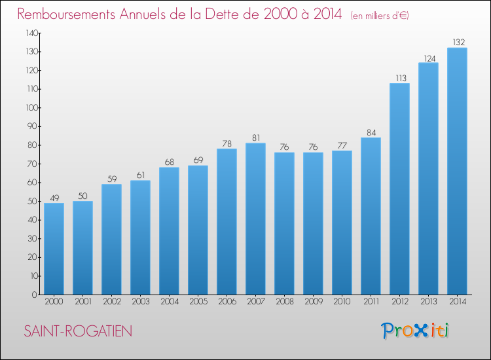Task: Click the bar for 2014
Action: (x=457, y=171)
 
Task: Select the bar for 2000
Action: (x=54, y=249)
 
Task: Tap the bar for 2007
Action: (x=255, y=219)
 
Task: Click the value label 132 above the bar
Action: (x=457, y=43)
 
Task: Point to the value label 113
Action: (x=399, y=79)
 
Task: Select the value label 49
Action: (x=54, y=198)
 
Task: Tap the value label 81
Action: (x=255, y=138)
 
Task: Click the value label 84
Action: (x=371, y=133)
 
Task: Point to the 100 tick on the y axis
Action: (x=31, y=107)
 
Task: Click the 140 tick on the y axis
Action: (x=31, y=33)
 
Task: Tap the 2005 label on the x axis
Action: (x=198, y=302)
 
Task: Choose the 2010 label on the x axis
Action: (x=342, y=302)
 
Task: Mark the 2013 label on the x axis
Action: (x=428, y=302)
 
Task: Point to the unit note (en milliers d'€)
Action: (x=380, y=16)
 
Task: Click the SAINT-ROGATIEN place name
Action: (x=78, y=331)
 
